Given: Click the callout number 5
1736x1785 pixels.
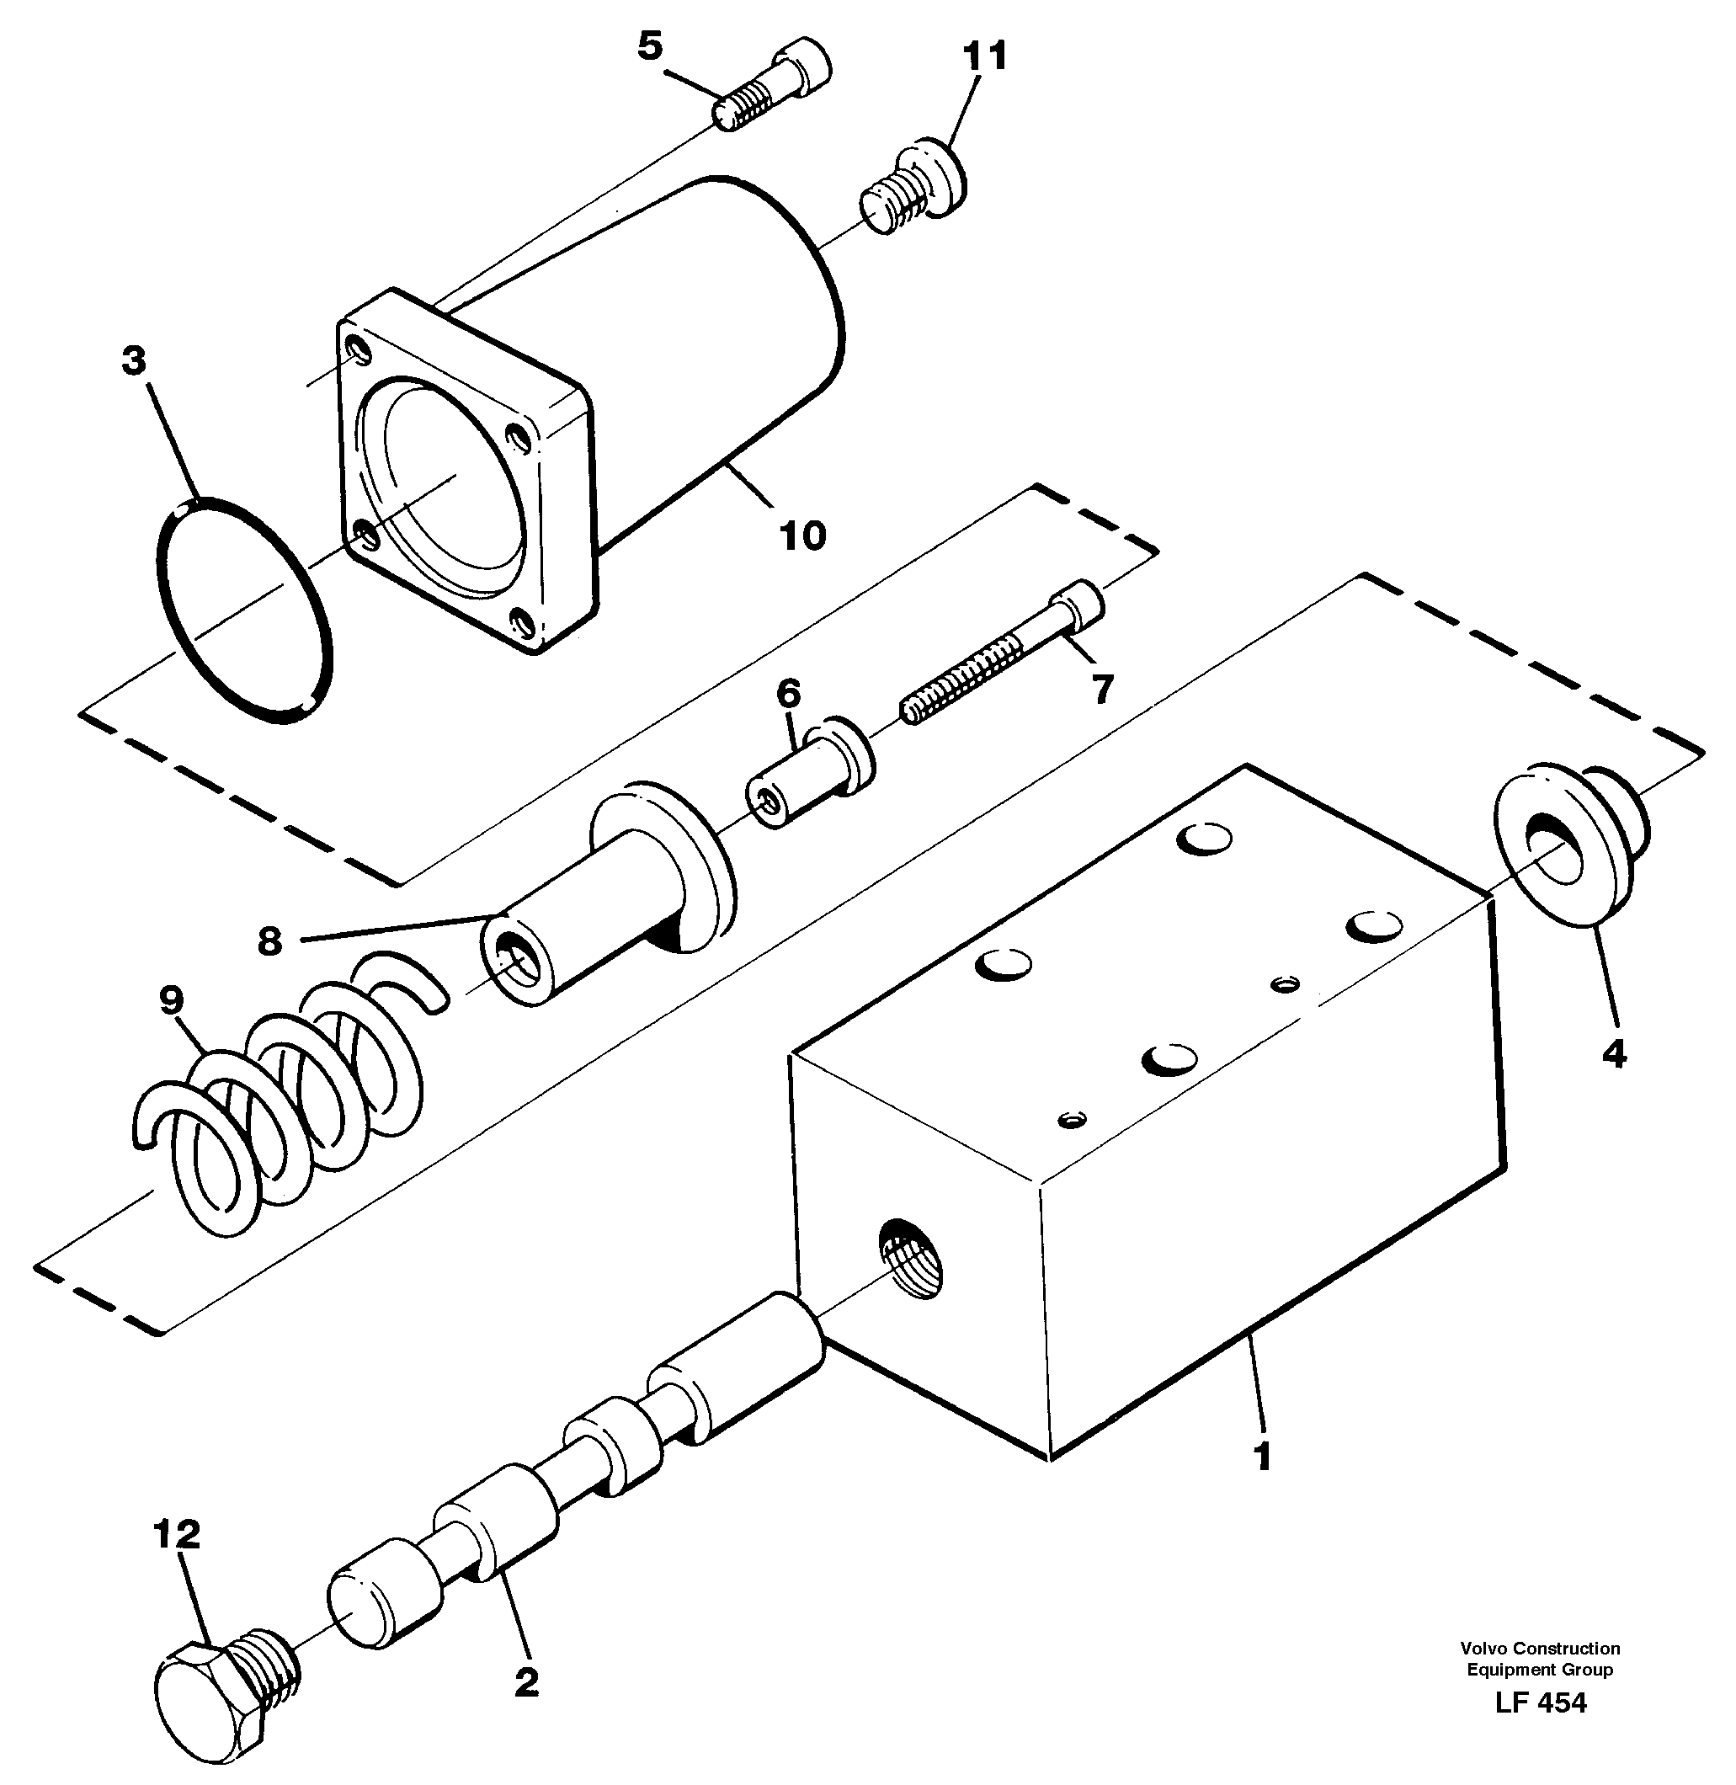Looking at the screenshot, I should pos(649,45).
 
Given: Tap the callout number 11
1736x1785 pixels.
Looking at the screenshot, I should pos(986,56).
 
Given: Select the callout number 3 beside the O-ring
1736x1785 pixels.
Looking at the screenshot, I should pos(134,362).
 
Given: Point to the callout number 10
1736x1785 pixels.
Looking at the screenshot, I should pos(802,536).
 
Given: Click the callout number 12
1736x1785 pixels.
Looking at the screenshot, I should pos(176,1535).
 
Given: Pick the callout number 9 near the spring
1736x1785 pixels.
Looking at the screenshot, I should pos(172,1001).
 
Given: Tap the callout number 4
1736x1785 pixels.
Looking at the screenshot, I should pos(1613,1055).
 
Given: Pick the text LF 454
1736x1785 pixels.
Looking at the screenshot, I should pos(1540,1703).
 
